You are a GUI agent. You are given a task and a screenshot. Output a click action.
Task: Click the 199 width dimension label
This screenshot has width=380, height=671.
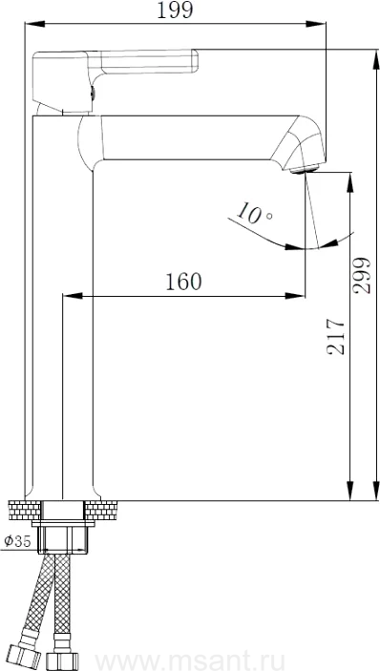coord(175,10)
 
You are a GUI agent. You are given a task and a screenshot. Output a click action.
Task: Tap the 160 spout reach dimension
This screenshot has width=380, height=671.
coord(183,282)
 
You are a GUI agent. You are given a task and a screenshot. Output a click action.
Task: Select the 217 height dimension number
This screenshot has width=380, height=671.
coord(336,336)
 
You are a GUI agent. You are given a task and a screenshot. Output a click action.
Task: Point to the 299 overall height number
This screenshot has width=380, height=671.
coord(362,275)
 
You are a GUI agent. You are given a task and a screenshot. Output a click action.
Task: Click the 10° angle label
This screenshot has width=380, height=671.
coord(254,213)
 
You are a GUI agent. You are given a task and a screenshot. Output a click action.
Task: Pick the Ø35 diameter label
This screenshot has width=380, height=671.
coord(17,541)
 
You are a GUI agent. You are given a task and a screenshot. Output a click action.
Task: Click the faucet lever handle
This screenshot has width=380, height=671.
coord(116,81)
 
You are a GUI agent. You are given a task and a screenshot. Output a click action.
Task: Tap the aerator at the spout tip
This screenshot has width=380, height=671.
coord(305,169)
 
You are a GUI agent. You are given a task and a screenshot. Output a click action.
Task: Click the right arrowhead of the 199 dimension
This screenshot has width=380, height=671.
coord(316,24)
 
